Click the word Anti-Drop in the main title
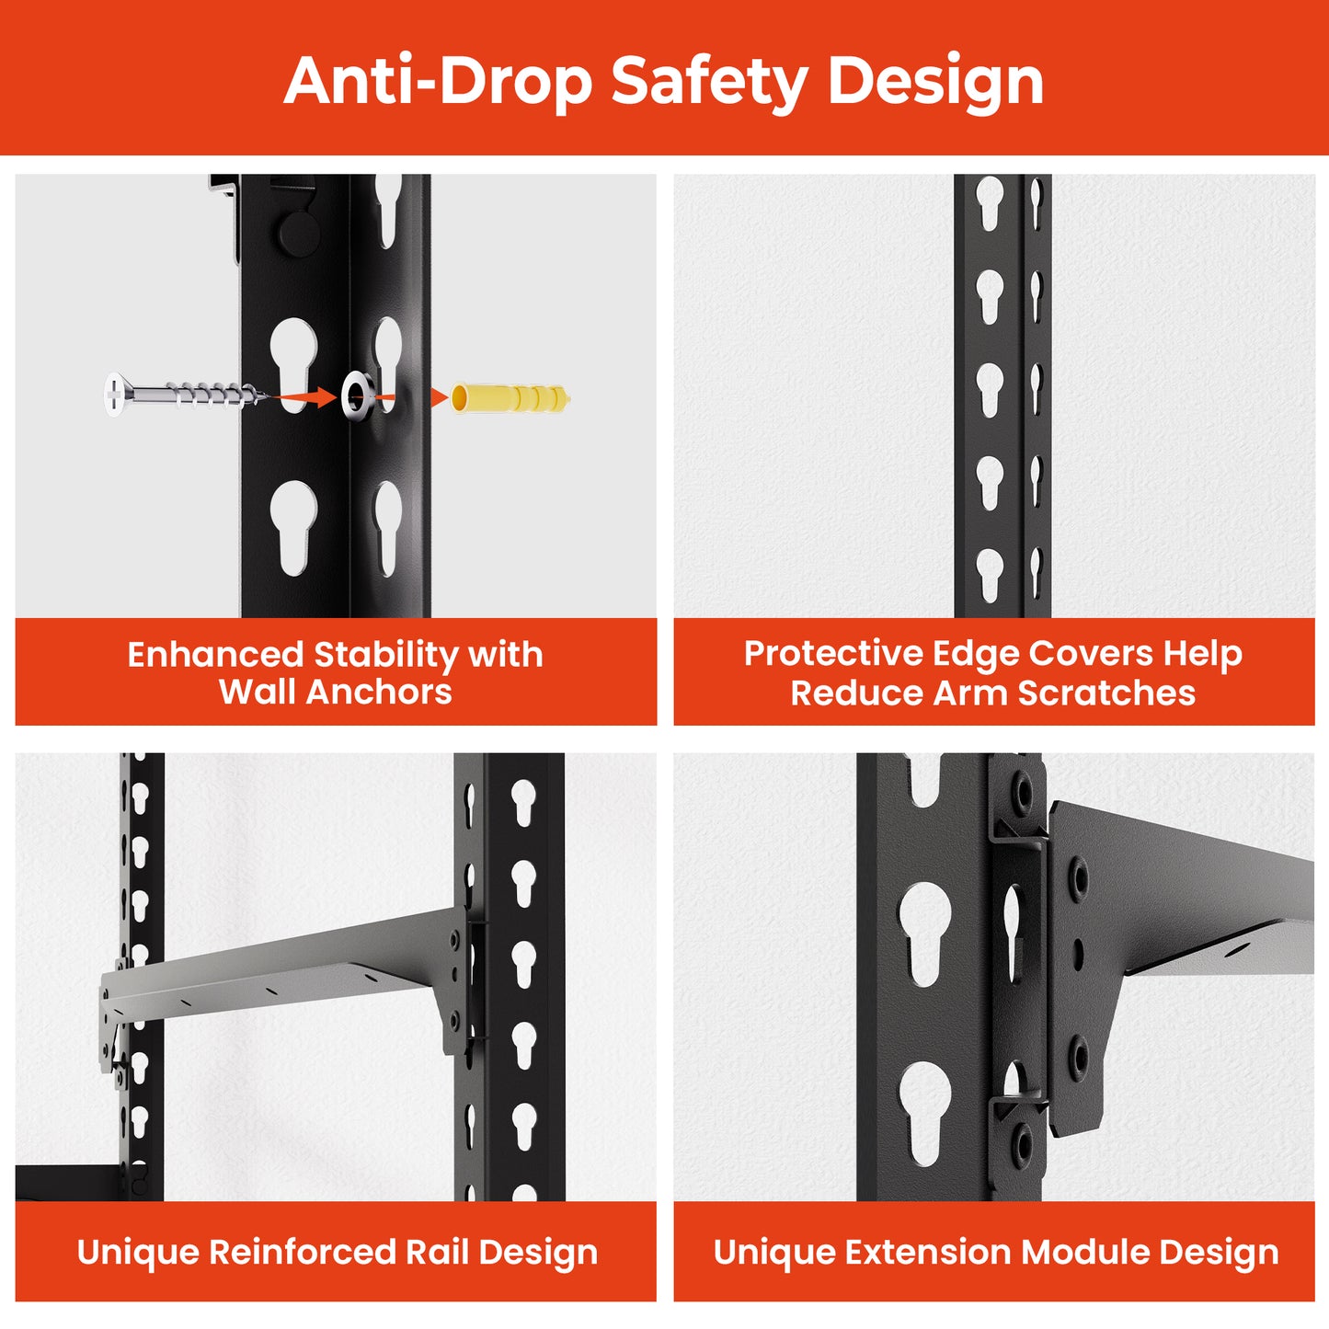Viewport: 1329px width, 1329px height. (x=438, y=81)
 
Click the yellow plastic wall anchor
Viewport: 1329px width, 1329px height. (x=511, y=398)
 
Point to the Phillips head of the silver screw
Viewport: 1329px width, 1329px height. (x=114, y=394)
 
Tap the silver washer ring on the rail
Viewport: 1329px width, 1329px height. (x=359, y=395)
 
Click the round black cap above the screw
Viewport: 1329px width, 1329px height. (x=299, y=233)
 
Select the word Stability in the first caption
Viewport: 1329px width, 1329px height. (x=387, y=655)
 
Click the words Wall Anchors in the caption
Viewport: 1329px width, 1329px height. (x=335, y=692)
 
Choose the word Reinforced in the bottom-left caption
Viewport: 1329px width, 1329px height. (x=302, y=1252)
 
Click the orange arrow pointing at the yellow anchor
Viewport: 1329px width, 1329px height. (x=440, y=397)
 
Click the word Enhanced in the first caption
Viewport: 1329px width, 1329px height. (x=215, y=655)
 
